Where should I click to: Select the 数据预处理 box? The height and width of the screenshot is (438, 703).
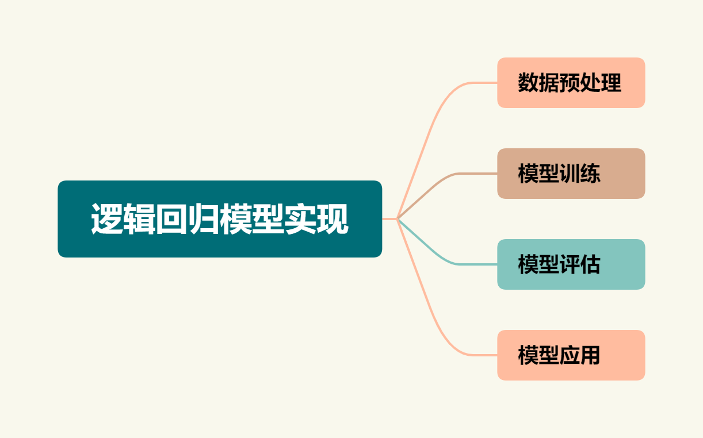571,83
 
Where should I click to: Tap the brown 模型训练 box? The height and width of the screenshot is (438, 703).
571,174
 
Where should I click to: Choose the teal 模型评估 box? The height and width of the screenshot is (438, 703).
571,264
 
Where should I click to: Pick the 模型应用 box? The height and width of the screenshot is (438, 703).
571,355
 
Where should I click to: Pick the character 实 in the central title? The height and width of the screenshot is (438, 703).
300,219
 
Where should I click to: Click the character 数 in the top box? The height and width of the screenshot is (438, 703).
528,83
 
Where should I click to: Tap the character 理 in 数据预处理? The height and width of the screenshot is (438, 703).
611,83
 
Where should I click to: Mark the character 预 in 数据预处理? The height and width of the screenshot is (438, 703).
570,83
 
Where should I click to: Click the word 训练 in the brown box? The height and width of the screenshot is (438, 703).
580,174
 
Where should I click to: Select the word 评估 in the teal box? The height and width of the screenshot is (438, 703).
580,264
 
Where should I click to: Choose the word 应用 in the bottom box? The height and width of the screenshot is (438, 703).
580,355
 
